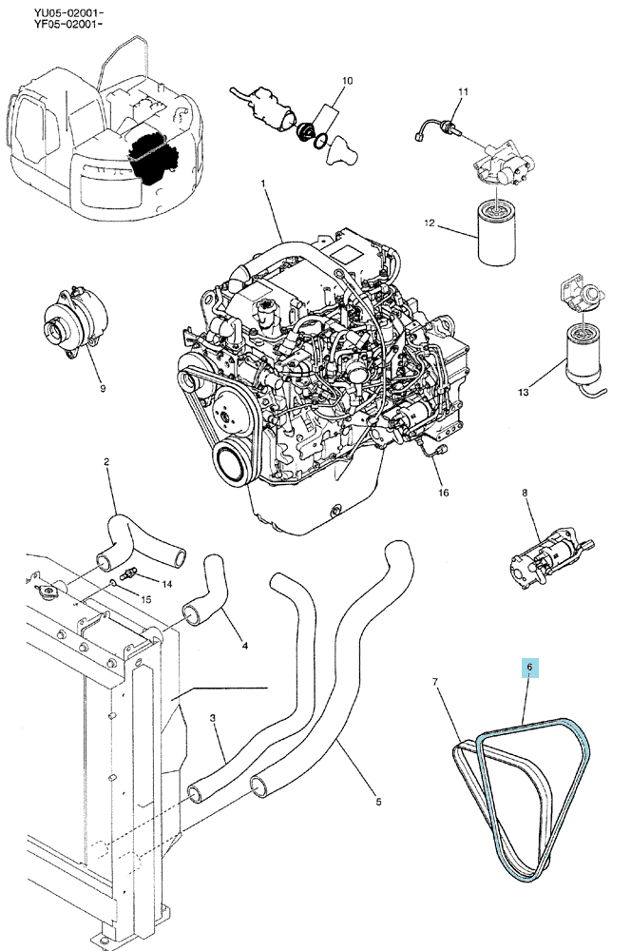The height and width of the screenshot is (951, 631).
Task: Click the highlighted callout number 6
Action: tap(529, 668)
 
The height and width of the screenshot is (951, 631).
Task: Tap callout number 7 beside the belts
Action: tap(435, 682)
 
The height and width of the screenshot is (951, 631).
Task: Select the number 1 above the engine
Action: tap(263, 183)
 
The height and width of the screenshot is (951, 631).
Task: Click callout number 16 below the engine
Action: tap(443, 493)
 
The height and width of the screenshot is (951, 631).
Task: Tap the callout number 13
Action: tap(523, 393)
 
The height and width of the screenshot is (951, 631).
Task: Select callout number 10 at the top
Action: tap(347, 81)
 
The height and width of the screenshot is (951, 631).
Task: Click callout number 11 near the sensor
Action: tap(463, 92)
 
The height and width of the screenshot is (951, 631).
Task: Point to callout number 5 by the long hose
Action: tap(378, 802)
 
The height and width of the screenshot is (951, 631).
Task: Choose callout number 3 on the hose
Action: tap(213, 718)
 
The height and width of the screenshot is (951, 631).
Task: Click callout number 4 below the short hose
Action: tap(245, 646)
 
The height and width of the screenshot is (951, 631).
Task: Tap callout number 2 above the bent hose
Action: tap(106, 461)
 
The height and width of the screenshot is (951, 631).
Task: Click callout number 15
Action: tap(146, 599)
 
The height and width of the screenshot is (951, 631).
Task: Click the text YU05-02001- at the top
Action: tap(68, 12)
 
